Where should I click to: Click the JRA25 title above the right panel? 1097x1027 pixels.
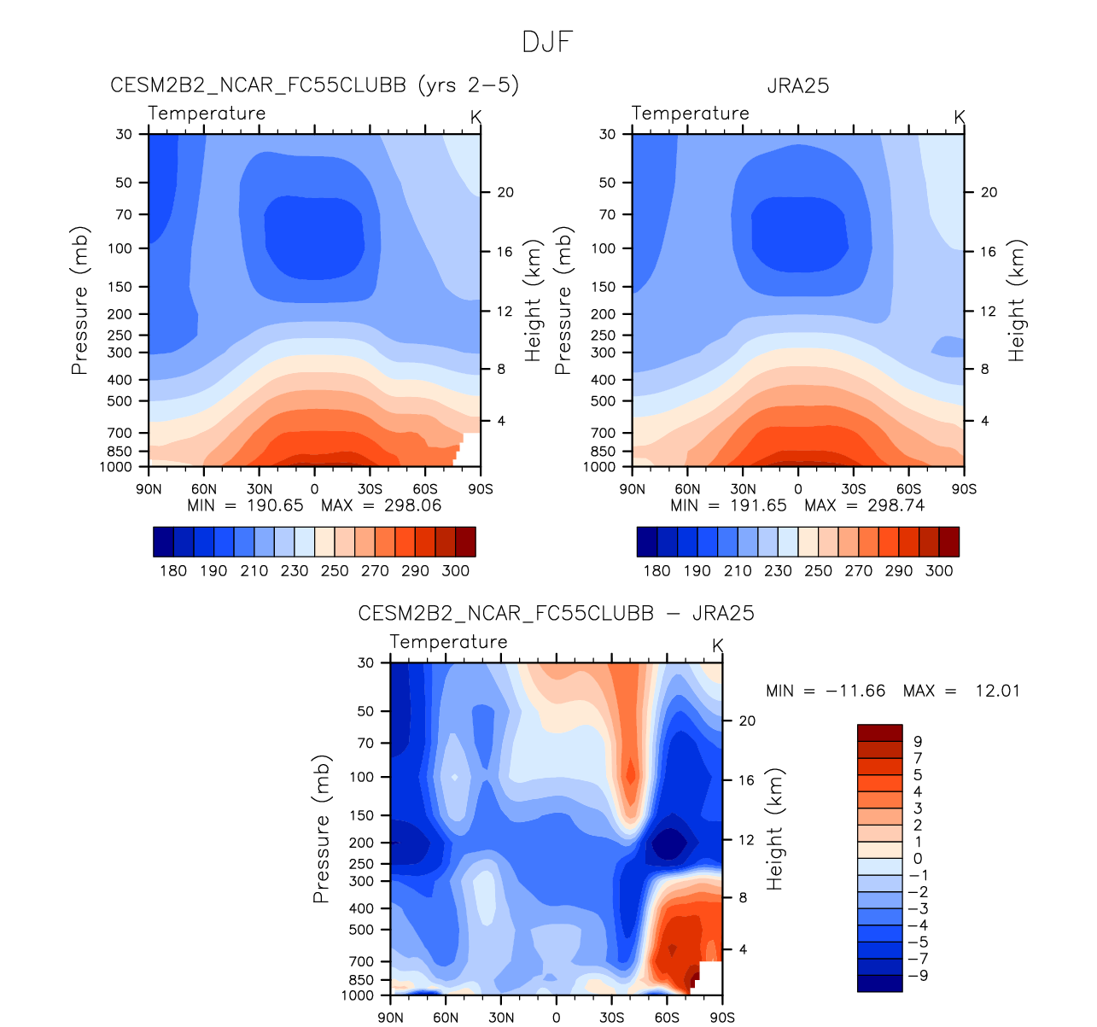pyautogui.click(x=797, y=85)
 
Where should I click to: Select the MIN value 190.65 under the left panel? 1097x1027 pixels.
pyautogui.click(x=274, y=505)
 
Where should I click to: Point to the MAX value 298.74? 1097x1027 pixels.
pyautogui.click(x=896, y=505)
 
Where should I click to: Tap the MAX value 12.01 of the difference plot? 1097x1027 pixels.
pyautogui.click(x=997, y=691)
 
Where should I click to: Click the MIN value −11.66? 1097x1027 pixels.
pyautogui.click(x=855, y=691)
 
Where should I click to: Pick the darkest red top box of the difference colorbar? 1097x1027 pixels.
pyautogui.click(x=879, y=732)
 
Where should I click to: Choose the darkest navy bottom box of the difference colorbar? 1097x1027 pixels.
pyautogui.click(x=879, y=983)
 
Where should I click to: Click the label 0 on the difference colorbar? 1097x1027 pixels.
pyautogui.click(x=918, y=859)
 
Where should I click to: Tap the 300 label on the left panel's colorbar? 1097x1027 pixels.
pyautogui.click(x=455, y=570)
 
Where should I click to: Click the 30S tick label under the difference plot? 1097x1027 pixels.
pyautogui.click(x=611, y=1018)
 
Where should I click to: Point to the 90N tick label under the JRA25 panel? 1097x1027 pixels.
pyautogui.click(x=632, y=489)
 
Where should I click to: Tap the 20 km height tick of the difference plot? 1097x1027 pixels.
pyautogui.click(x=747, y=721)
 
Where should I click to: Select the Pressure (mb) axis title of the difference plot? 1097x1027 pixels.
pyautogui.click(x=321, y=828)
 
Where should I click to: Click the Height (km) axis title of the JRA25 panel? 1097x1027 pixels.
pyautogui.click(x=1016, y=300)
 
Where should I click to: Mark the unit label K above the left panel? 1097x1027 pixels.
pyautogui.click(x=476, y=117)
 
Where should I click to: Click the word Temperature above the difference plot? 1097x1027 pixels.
pyautogui.click(x=448, y=642)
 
